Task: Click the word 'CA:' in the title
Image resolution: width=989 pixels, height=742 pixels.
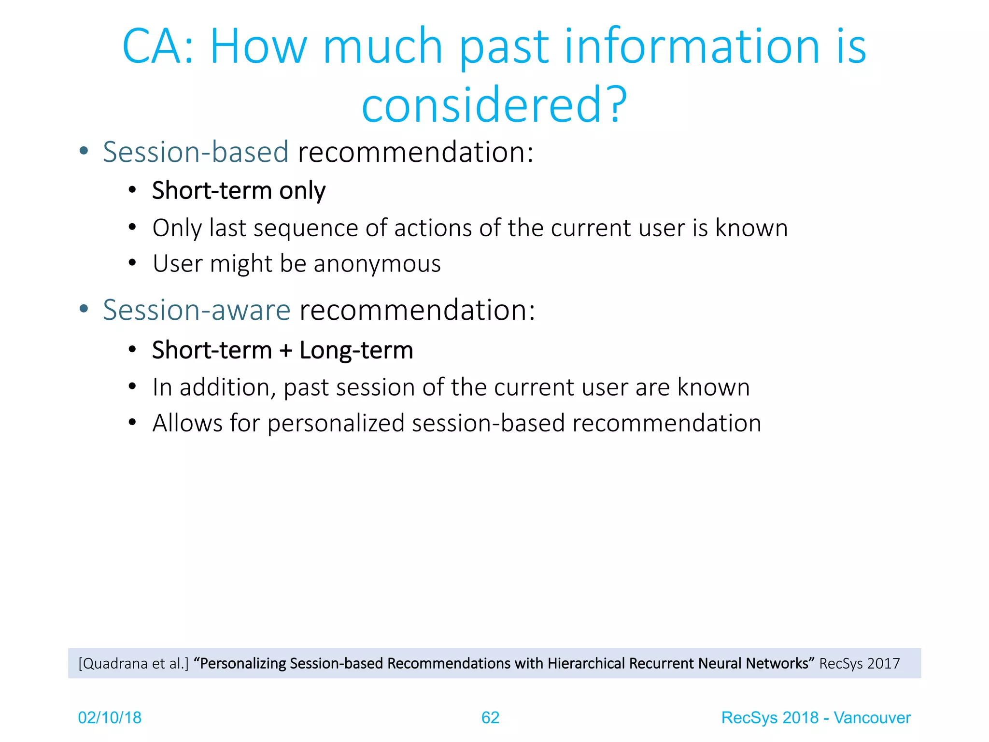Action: (157, 46)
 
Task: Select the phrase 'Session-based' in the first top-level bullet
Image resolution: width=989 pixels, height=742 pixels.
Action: (196, 152)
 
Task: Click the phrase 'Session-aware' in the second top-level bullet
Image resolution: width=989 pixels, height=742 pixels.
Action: (197, 310)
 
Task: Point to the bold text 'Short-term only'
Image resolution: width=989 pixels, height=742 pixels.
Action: (239, 190)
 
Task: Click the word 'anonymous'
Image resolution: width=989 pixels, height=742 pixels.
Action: (377, 264)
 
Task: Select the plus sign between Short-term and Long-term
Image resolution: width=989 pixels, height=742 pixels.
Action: (286, 350)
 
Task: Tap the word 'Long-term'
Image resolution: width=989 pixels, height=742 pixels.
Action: (356, 350)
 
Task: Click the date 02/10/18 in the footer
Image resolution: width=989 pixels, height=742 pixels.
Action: (110, 718)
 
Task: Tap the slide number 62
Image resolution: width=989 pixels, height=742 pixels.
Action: (490, 718)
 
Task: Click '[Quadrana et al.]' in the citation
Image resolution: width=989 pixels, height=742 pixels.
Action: (133, 664)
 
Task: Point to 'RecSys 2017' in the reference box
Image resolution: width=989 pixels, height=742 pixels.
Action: (860, 664)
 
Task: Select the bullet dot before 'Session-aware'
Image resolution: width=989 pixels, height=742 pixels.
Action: (84, 309)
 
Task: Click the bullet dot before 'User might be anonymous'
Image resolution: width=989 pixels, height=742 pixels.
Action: (132, 263)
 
